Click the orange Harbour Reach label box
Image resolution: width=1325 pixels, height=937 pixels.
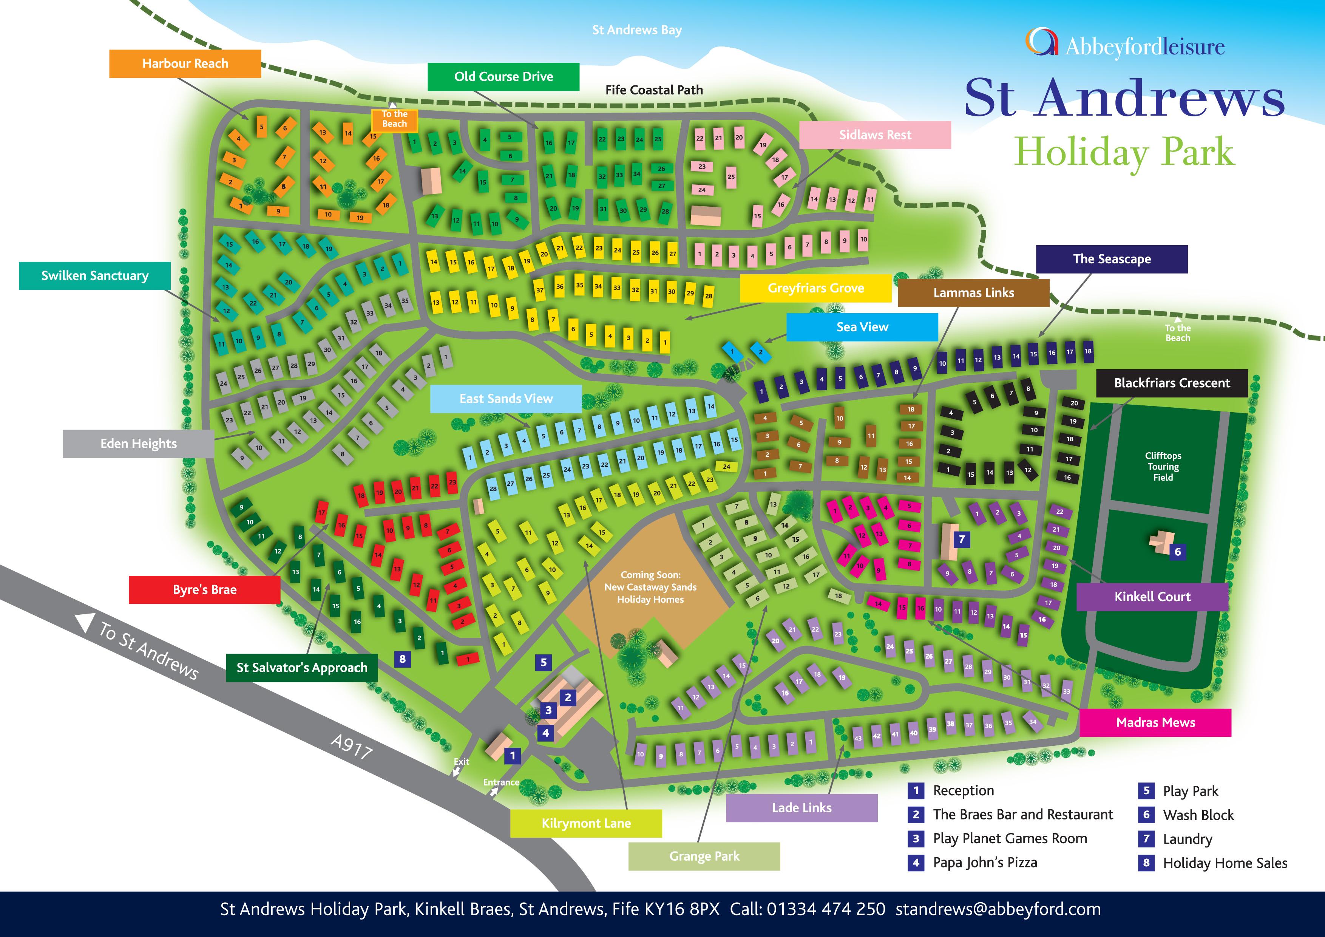(185, 63)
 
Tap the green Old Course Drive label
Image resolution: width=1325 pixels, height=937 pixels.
(503, 77)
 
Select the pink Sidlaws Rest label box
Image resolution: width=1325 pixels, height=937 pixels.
(875, 135)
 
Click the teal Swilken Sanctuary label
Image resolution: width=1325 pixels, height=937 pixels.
(95, 276)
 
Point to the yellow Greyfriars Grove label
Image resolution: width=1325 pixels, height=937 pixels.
(815, 288)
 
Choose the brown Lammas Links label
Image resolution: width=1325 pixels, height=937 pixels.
(974, 293)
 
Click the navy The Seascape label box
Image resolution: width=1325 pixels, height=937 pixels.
(1112, 259)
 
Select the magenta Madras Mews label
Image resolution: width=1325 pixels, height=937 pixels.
(1155, 723)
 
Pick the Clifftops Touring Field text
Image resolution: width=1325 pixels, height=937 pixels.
(1163, 467)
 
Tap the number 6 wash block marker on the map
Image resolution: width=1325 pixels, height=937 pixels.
(1177, 552)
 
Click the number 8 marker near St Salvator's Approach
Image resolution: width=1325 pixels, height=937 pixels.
(402, 659)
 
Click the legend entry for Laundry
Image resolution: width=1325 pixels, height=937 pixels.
(1187, 839)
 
